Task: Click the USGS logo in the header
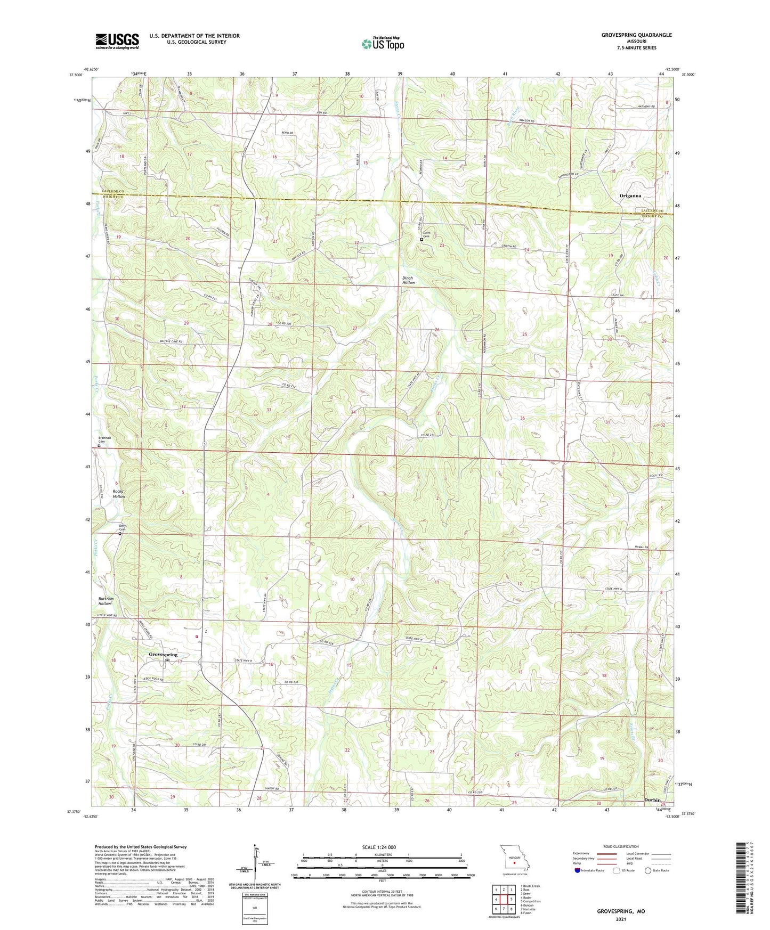117,40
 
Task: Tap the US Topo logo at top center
382,43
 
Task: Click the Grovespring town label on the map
163,655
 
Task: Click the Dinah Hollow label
408,280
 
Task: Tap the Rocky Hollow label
119,494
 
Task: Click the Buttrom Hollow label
106,601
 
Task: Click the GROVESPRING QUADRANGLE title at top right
636,35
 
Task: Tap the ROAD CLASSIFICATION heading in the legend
621,846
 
